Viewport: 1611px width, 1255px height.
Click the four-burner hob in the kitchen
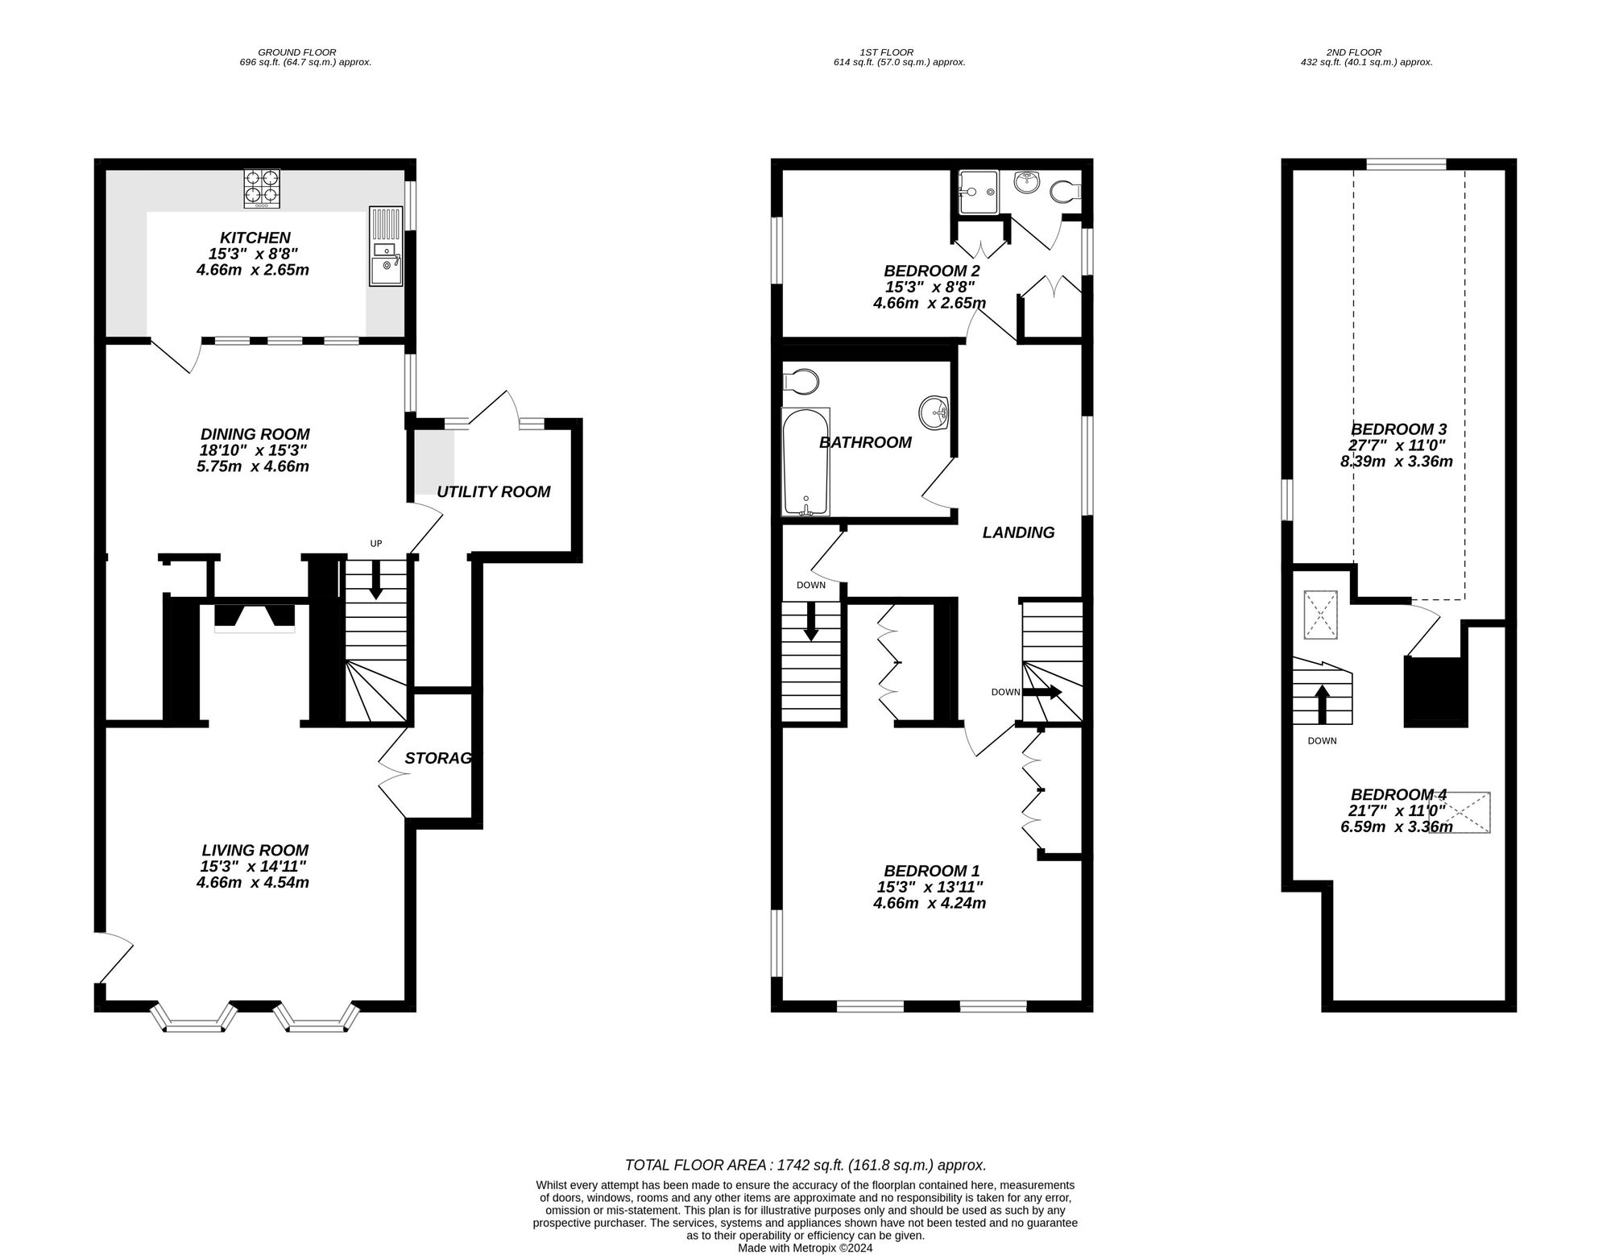point(262,188)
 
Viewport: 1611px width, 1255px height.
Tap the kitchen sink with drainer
point(386,246)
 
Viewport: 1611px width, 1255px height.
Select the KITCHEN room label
point(255,238)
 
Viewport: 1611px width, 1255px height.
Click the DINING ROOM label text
point(255,434)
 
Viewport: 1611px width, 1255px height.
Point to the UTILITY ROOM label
point(493,491)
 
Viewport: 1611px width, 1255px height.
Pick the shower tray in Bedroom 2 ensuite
point(977,191)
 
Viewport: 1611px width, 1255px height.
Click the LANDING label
point(1018,532)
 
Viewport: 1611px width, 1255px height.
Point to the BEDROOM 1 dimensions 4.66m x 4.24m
point(930,903)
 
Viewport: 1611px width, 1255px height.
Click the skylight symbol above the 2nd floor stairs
point(1320,615)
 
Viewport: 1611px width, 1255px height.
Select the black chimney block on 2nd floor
point(1433,690)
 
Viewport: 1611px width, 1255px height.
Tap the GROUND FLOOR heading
point(297,52)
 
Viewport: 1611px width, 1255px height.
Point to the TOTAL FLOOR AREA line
point(805,1165)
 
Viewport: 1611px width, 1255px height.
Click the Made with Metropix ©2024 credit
point(805,1248)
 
